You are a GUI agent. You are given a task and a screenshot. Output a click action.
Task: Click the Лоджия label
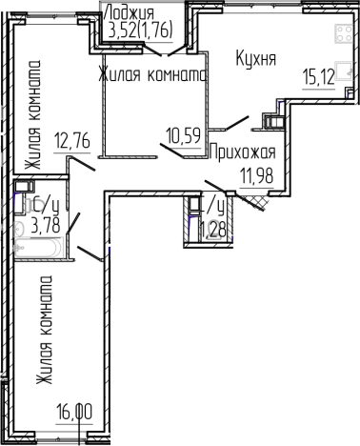pos(130,11)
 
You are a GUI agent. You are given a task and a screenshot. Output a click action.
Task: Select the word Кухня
pos(255,59)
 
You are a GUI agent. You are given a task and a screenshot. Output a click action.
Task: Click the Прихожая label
pos(242,152)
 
